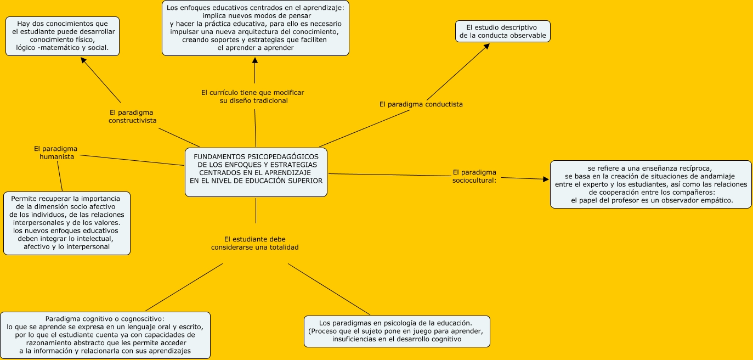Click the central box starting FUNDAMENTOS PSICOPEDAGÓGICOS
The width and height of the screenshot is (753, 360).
256,172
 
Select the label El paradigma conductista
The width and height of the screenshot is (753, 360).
421,104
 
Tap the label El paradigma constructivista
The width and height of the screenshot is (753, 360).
132,116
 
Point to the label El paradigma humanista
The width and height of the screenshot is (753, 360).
55,153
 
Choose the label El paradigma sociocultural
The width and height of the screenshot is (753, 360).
474,176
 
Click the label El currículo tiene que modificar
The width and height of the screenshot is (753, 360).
252,97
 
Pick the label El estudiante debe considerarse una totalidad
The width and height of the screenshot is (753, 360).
255,243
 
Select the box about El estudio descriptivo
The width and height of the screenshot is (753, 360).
502,31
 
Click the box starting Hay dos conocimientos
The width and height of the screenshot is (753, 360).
63,36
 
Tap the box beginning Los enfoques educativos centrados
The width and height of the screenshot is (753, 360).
256,28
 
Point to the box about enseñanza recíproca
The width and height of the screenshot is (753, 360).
651,184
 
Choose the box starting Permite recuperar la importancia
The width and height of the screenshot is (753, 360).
67,223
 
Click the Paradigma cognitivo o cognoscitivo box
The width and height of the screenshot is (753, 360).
105,335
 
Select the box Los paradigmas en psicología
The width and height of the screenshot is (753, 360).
397,331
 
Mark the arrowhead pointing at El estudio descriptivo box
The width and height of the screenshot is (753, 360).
485,47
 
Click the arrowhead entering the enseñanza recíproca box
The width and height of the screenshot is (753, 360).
545,179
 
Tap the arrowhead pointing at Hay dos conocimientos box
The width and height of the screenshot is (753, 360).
84,60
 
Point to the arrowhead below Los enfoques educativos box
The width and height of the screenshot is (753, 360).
254,60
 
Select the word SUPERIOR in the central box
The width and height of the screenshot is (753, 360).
303,180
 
